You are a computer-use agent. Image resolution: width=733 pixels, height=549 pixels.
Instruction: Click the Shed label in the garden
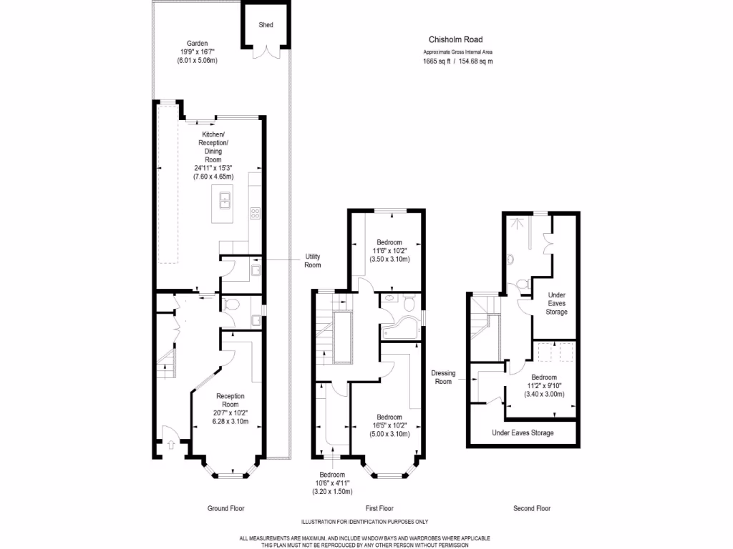[x=266, y=25]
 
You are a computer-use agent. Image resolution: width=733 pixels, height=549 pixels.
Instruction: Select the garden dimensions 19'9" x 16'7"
[x=196, y=52]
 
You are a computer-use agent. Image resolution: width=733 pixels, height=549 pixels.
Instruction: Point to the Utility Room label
[x=313, y=261]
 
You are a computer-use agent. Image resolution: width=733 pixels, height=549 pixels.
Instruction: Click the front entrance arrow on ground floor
[x=170, y=444]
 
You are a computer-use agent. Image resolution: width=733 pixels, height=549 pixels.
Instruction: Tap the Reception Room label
[x=230, y=400]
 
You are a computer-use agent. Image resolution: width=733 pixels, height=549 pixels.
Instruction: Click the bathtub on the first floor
[x=399, y=330]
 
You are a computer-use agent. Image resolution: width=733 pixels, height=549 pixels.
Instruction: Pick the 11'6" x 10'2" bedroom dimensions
[x=389, y=251]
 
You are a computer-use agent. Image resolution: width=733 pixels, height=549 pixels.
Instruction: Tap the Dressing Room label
[x=444, y=377]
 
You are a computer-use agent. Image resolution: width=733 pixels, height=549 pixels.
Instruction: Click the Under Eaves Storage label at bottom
[x=523, y=433]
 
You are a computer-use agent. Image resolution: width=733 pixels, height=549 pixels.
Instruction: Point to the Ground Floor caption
[x=226, y=509]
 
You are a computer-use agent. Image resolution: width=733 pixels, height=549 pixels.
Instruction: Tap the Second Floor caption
[x=531, y=509]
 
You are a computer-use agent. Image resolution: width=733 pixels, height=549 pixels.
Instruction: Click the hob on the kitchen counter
[x=254, y=212]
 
